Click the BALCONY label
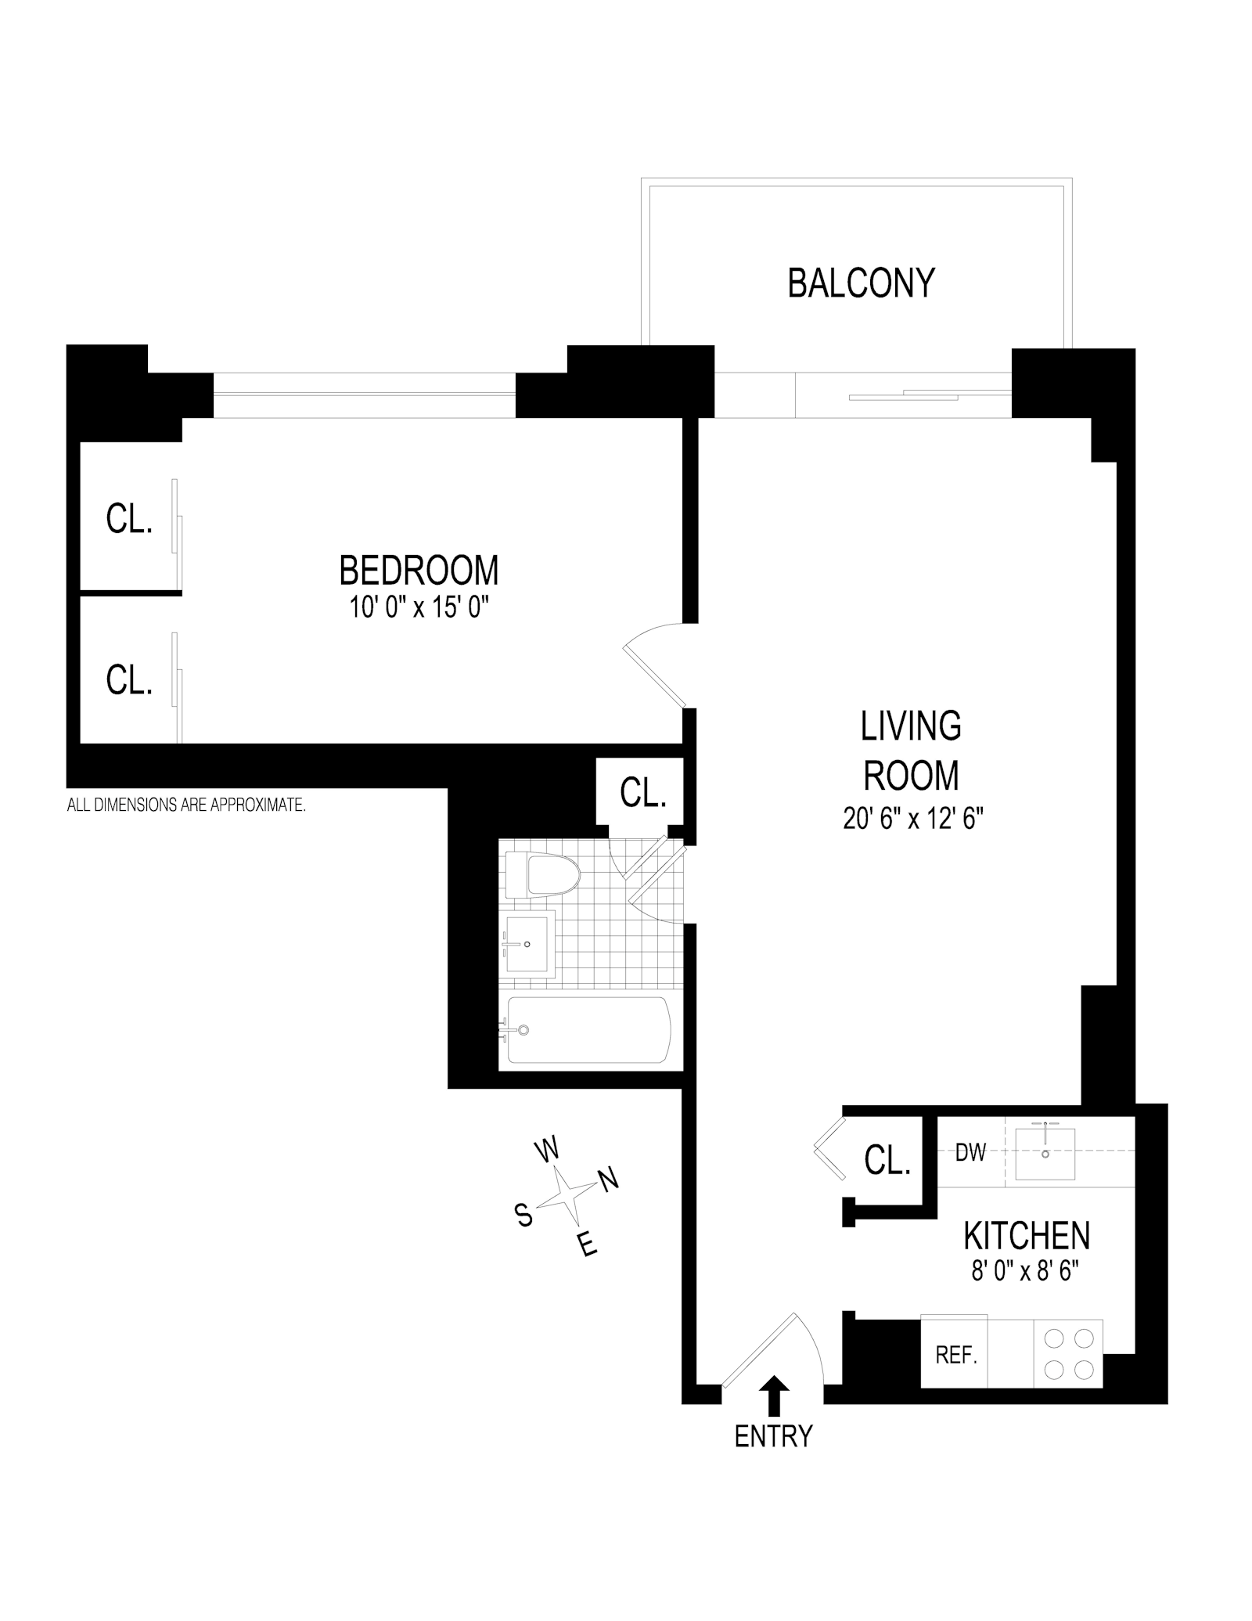click(861, 283)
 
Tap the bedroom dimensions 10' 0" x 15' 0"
click(419, 607)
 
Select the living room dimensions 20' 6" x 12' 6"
click(912, 820)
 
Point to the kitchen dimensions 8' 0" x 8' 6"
click(1025, 1271)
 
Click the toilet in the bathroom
click(541, 875)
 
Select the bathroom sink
click(529, 942)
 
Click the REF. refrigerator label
click(956, 1355)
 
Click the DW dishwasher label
click(970, 1152)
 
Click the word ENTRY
click(773, 1436)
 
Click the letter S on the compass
click(523, 1215)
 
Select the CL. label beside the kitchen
click(887, 1160)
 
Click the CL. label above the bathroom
click(642, 793)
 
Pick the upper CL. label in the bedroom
click(129, 518)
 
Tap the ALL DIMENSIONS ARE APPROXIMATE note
click(186, 805)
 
